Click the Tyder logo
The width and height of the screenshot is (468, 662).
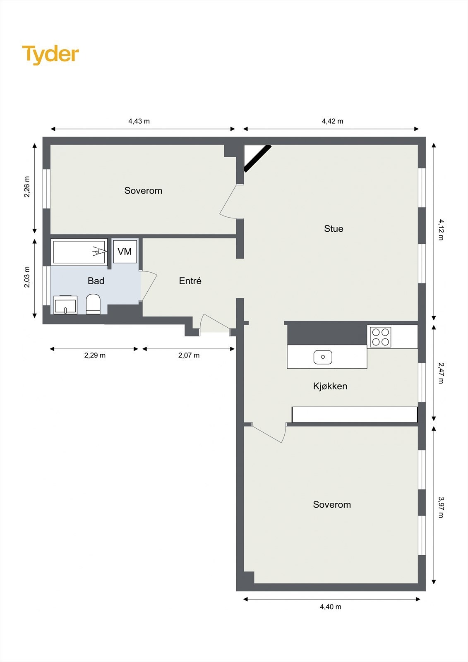(x=50, y=54)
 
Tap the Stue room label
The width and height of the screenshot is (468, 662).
(x=334, y=229)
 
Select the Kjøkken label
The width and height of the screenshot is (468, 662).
(x=330, y=386)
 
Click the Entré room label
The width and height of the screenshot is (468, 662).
(x=190, y=281)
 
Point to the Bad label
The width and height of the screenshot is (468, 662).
(x=96, y=281)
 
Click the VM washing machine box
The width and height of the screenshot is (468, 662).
(x=125, y=252)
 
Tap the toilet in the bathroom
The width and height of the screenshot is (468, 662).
(x=93, y=304)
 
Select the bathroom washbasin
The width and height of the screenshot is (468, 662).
(x=65, y=305)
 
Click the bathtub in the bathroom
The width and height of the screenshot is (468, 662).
(x=79, y=252)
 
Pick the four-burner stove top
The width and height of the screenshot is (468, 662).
(x=380, y=337)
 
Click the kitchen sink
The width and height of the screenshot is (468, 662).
(x=323, y=357)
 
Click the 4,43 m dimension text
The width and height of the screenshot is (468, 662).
(x=139, y=121)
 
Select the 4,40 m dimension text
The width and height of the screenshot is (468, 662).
(x=331, y=607)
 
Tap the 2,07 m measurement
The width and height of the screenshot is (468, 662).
(x=189, y=355)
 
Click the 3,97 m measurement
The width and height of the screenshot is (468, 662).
(x=441, y=507)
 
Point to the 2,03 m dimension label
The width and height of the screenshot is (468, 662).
(x=27, y=277)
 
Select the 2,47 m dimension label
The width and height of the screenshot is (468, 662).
(x=441, y=373)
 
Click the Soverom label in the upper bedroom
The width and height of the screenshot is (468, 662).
(x=143, y=191)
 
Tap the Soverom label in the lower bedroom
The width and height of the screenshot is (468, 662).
(x=332, y=505)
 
